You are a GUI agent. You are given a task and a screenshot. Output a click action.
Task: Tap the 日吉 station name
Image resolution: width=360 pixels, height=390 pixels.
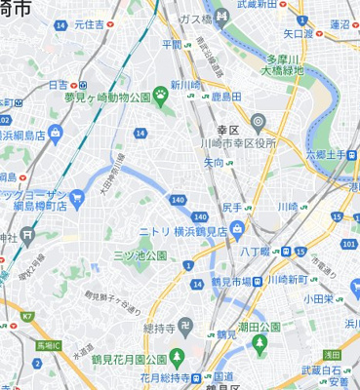tap(59, 85)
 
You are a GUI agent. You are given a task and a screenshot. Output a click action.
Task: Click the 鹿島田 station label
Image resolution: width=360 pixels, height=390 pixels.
tap(226, 98)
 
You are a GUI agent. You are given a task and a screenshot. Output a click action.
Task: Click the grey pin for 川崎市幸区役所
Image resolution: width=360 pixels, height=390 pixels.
tap(258, 123)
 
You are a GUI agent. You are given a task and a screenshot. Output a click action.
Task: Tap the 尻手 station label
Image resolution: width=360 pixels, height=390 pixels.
tap(231, 208)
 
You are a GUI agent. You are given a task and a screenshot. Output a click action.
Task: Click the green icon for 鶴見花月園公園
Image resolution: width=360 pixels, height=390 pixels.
tap(175, 354)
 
